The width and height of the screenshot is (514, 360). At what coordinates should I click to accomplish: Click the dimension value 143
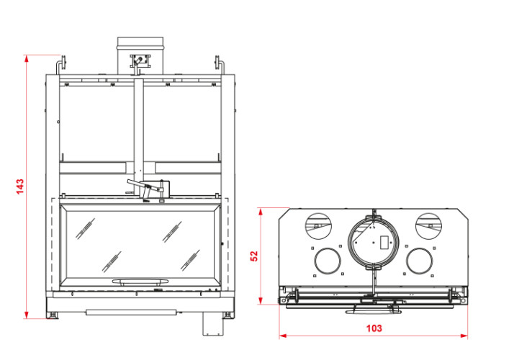click(20, 186)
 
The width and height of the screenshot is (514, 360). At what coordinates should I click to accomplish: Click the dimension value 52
click(254, 256)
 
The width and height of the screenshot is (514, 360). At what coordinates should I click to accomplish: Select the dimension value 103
click(374, 328)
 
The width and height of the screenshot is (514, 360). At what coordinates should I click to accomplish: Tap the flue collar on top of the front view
click(140, 55)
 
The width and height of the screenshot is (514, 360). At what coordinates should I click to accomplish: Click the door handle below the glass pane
click(140, 282)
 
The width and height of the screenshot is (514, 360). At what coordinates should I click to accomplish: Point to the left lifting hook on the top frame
click(61, 65)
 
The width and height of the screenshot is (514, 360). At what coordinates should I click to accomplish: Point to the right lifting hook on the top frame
click(219, 65)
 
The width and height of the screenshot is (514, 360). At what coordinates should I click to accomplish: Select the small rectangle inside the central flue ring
click(384, 243)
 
